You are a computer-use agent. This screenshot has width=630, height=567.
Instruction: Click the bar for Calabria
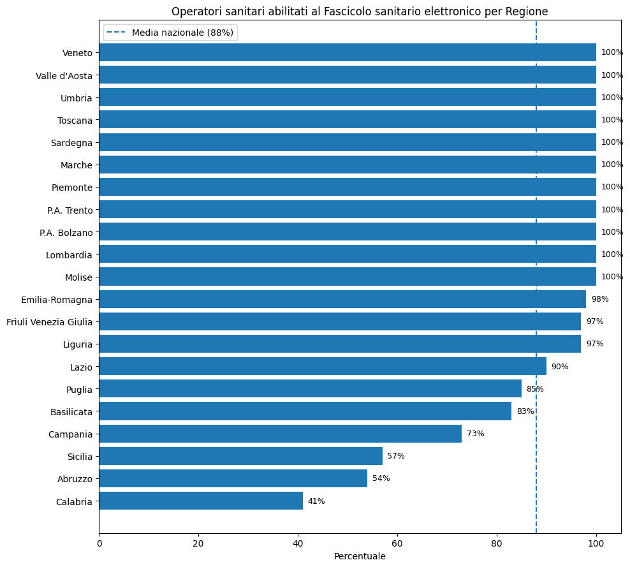(201, 501)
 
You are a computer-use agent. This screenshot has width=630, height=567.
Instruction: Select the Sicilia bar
(240, 456)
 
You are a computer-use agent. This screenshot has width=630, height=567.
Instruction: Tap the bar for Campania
(280, 434)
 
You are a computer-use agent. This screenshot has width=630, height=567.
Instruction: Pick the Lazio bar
(322, 366)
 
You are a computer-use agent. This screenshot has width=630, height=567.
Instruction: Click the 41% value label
(316, 501)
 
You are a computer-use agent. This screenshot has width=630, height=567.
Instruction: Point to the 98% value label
(600, 299)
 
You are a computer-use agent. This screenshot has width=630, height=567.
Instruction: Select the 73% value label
(476, 434)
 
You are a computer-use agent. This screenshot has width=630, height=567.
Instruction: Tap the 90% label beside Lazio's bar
(560, 367)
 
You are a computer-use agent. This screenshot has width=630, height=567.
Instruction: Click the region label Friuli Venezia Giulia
(50, 322)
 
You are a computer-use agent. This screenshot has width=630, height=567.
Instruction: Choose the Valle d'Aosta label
(64, 75)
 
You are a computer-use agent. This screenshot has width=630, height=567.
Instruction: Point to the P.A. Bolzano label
(66, 232)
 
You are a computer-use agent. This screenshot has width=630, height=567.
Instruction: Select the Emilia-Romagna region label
(57, 299)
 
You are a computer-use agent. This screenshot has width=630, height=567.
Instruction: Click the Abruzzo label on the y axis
(74, 479)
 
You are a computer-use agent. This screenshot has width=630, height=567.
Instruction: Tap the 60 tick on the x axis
(397, 544)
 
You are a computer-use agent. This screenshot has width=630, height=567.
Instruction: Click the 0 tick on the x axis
(99, 544)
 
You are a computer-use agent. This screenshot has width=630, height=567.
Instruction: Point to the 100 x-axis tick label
(596, 544)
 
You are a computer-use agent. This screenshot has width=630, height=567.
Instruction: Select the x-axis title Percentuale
(360, 556)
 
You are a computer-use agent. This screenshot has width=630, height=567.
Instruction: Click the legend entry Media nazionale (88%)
(182, 32)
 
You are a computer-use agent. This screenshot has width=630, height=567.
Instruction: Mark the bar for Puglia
(310, 388)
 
